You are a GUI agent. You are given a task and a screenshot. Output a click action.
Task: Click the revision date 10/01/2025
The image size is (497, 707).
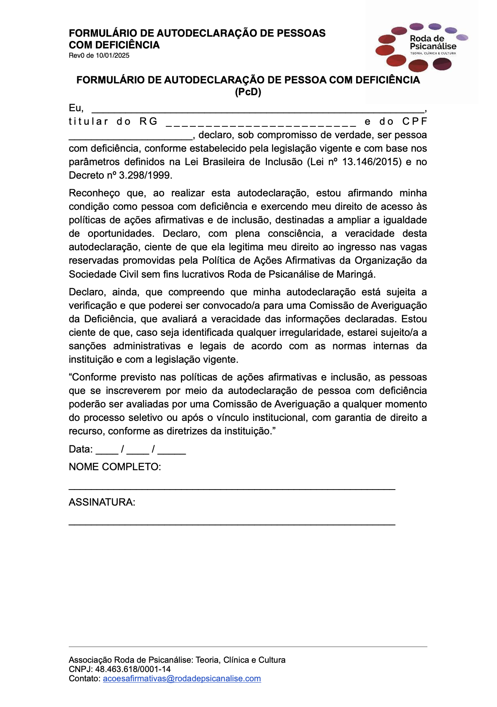pyautogui.click(x=112, y=56)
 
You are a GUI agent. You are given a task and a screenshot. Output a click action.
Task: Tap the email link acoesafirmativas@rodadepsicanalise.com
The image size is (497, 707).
pyautogui.click(x=182, y=679)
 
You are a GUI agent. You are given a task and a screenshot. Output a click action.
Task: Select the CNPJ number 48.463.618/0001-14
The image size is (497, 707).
pyautogui.click(x=133, y=669)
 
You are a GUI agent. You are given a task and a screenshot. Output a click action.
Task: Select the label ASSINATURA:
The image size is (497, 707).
pyautogui.click(x=102, y=502)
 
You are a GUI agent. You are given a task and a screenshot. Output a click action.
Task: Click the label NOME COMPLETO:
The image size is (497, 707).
pyautogui.click(x=115, y=467)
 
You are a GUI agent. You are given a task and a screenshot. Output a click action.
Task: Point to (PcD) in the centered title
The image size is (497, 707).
pyautogui.click(x=248, y=92)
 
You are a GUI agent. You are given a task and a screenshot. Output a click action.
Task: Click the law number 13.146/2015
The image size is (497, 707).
pyautogui.click(x=372, y=162)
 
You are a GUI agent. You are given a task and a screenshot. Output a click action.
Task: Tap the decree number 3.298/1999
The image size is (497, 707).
pyautogui.click(x=146, y=175)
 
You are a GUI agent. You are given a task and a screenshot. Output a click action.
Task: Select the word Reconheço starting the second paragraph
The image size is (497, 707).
pyautogui.click(x=94, y=193)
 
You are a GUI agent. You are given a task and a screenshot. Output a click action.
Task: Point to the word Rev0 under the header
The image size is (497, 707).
pyautogui.click(x=76, y=56)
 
